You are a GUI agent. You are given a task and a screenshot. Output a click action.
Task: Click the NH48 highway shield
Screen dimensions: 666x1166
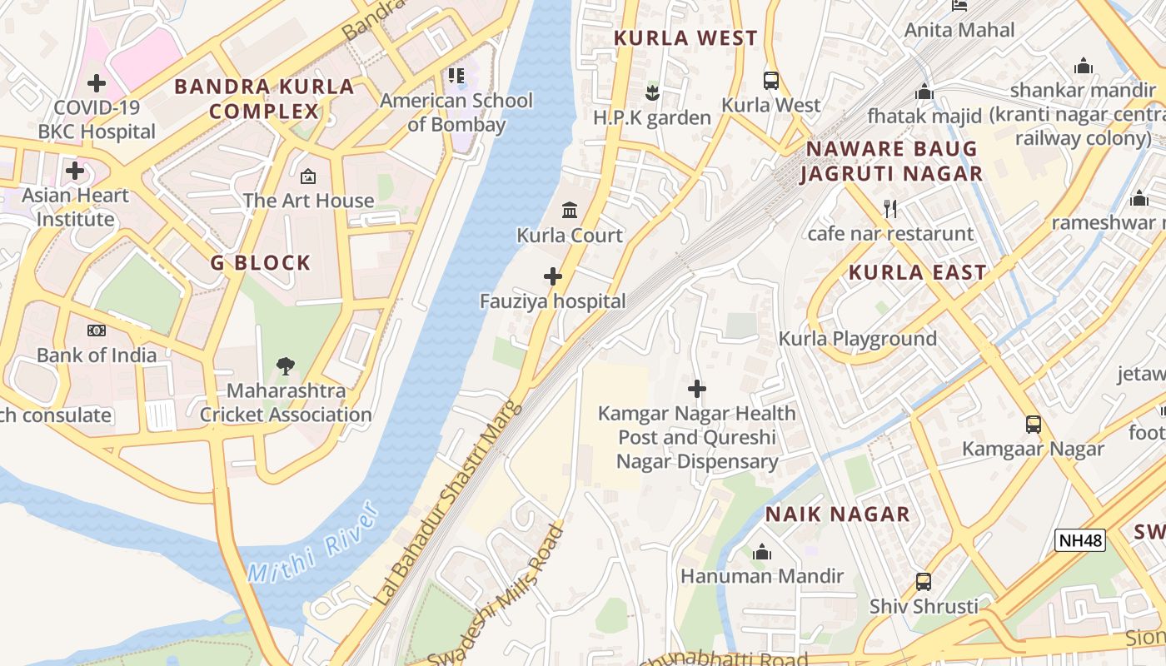click(1079, 540)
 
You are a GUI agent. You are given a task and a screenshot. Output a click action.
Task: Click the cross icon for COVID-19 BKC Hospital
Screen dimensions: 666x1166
click(97, 83)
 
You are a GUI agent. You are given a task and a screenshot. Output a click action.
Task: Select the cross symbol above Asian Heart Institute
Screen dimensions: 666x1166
click(75, 171)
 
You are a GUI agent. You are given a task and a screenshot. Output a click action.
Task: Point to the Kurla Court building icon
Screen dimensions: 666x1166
click(570, 210)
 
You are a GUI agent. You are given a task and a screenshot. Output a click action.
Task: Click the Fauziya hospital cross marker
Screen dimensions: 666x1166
click(552, 276)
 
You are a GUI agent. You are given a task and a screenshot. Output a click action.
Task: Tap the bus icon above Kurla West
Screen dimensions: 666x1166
click(771, 81)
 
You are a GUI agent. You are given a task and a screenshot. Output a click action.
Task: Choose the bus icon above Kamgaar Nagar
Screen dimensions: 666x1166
click(1033, 424)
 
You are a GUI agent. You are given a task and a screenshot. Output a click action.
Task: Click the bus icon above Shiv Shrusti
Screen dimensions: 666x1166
click(923, 581)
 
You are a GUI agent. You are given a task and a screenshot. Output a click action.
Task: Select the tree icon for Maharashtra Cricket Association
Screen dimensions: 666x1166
click(286, 365)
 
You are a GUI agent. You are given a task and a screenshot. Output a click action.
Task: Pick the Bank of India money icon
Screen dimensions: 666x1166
click(97, 331)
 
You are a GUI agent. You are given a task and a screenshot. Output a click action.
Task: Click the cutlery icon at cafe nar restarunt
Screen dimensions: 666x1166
click(890, 209)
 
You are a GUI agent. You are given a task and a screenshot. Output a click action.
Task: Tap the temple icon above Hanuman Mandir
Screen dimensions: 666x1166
click(761, 552)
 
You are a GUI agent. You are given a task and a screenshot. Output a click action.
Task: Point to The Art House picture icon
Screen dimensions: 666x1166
click(308, 176)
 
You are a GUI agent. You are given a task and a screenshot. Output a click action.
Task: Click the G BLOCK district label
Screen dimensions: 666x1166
click(261, 263)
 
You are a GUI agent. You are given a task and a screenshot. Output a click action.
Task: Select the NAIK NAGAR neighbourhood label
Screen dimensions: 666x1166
click(837, 514)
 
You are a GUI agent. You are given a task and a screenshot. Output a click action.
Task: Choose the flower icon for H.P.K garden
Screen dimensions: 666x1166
click(652, 92)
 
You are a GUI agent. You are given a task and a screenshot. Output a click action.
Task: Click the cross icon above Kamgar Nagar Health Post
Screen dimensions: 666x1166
click(697, 389)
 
